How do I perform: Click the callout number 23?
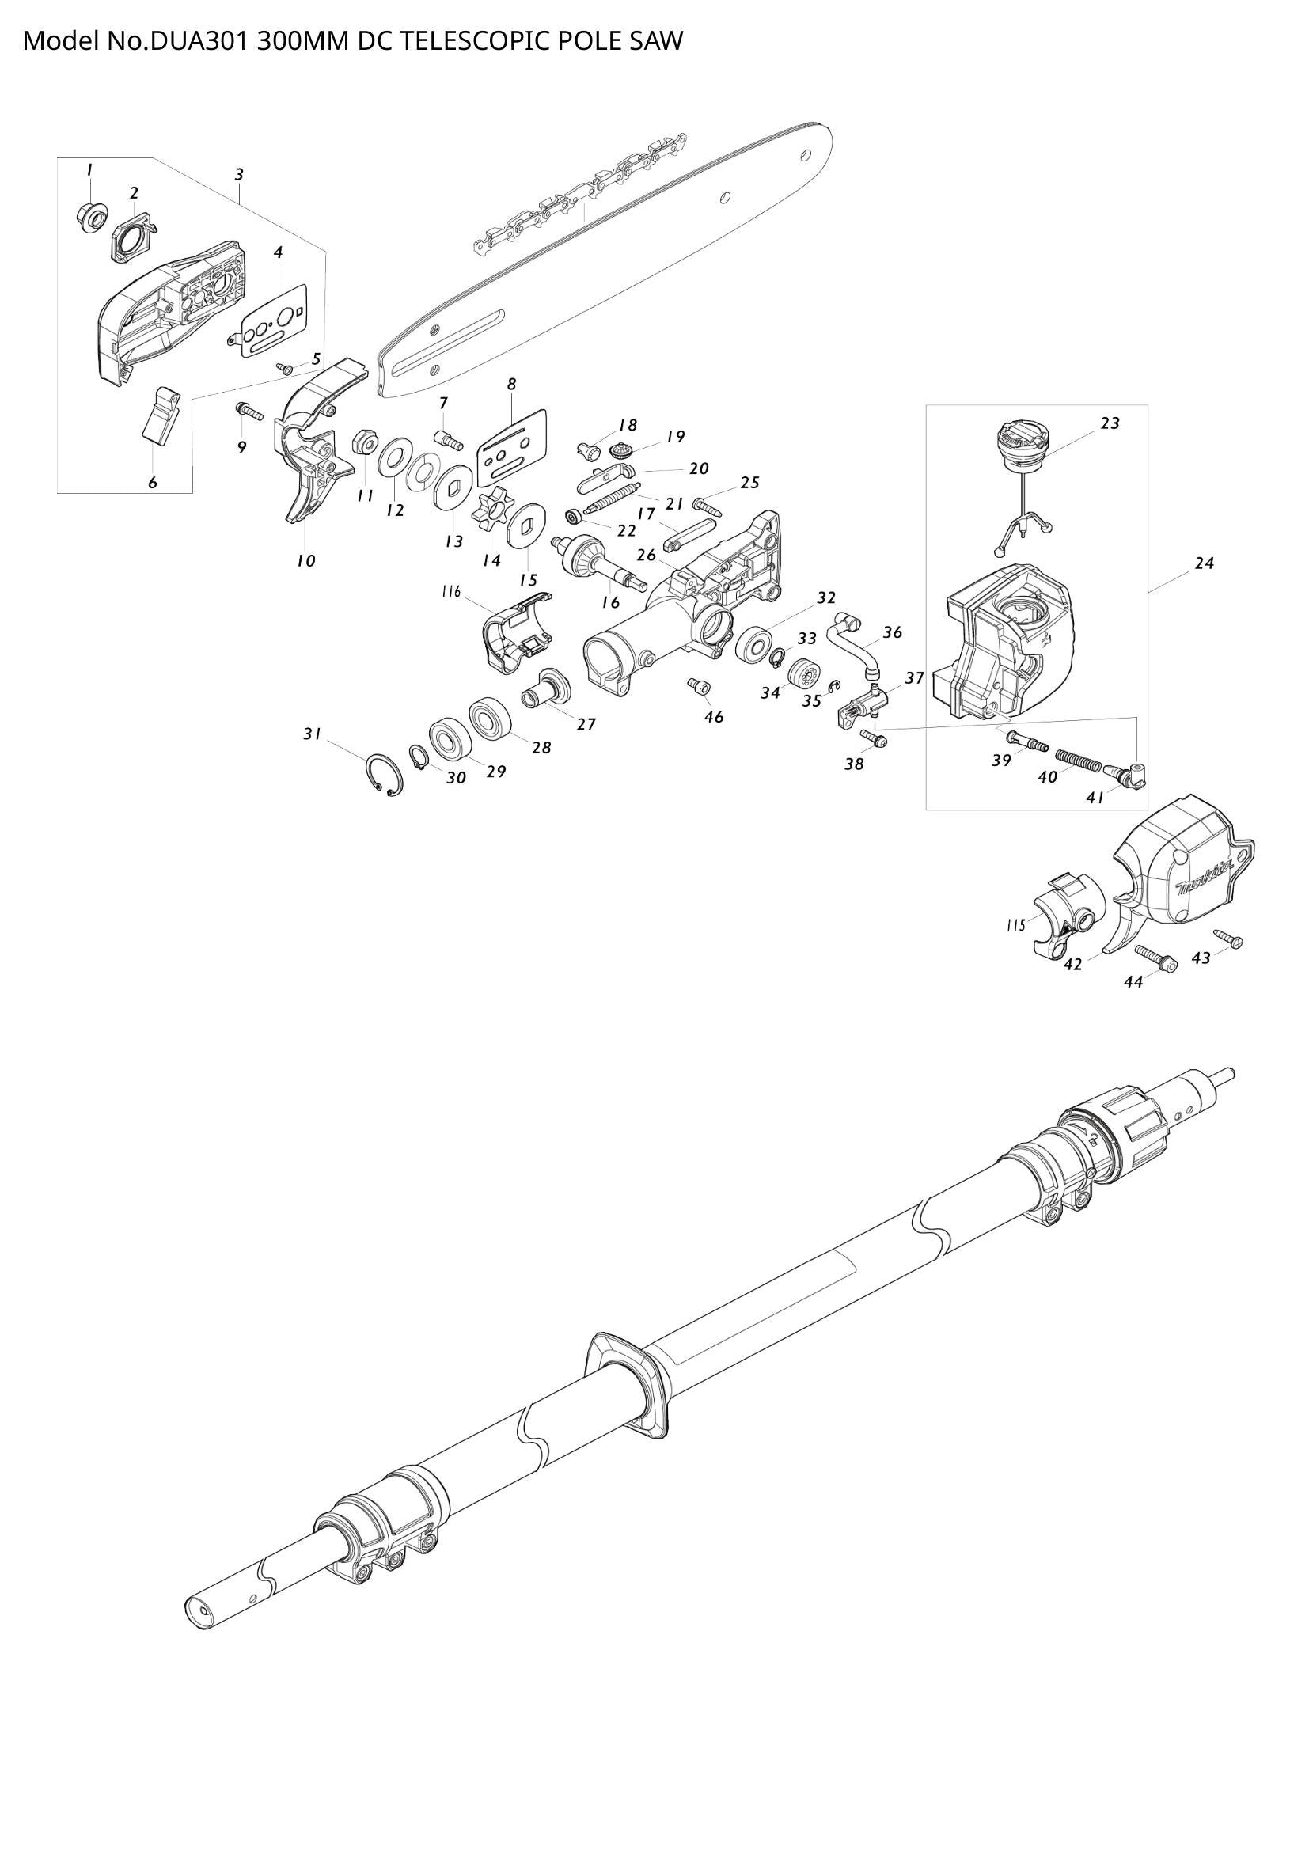pos(1110,423)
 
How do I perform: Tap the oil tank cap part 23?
pos(1021,446)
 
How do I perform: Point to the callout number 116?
pos(450,593)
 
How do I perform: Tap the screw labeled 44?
pos(1154,958)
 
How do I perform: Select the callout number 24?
pos(1205,564)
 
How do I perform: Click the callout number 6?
pos(152,484)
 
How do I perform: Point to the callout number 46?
pos(713,717)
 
